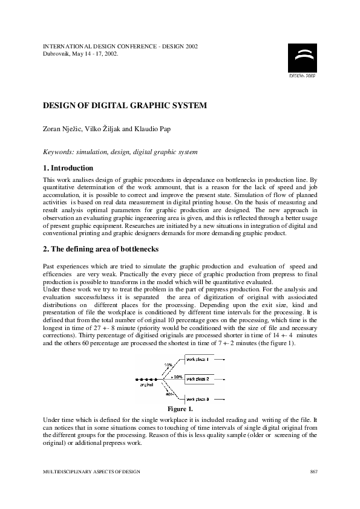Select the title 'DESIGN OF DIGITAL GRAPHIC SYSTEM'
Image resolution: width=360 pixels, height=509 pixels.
pos(125,105)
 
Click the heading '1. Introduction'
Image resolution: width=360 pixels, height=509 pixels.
pos(68,168)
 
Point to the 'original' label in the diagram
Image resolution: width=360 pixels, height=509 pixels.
pos(146,384)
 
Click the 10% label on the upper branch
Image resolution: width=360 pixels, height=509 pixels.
pos(168,365)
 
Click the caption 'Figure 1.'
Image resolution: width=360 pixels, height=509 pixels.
pos(180,409)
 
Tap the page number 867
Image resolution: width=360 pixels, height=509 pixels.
pos(313,471)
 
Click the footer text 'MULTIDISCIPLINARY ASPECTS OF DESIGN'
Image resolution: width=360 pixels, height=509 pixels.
pos(88,471)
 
